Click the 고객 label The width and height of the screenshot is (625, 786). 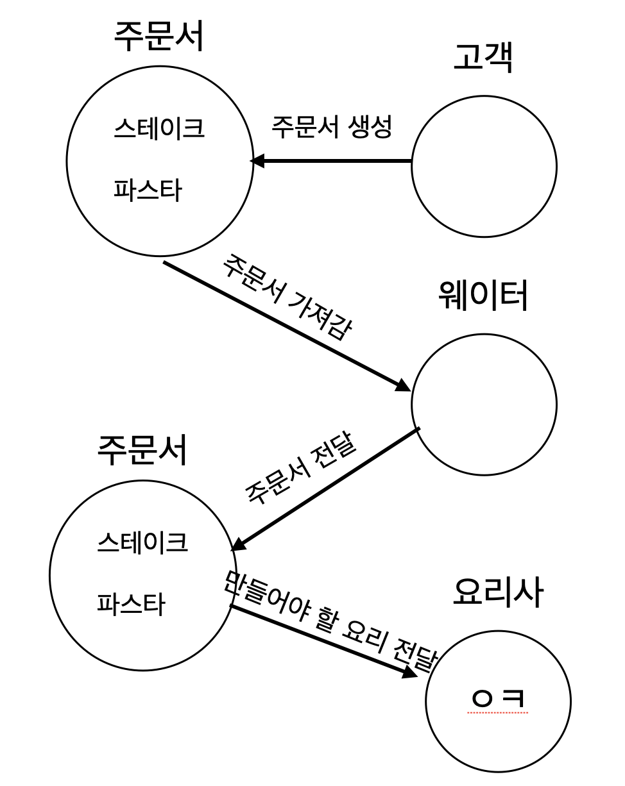click(x=483, y=58)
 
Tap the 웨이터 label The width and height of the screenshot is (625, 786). click(x=483, y=296)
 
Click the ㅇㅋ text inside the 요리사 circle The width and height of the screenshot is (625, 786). click(x=498, y=698)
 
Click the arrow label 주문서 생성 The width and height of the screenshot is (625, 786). click(x=331, y=127)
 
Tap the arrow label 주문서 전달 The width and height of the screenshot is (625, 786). click(x=300, y=470)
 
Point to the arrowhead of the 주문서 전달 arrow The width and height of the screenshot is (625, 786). click(x=238, y=544)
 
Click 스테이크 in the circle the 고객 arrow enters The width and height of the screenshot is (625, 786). click(x=158, y=128)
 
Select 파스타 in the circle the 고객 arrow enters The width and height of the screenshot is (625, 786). click(x=148, y=190)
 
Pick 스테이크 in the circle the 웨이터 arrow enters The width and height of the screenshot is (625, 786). click(x=142, y=542)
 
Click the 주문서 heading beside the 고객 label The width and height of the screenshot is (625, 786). click(x=159, y=37)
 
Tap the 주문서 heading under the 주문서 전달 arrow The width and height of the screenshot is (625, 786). click(x=142, y=449)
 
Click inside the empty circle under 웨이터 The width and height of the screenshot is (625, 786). click(x=484, y=405)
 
